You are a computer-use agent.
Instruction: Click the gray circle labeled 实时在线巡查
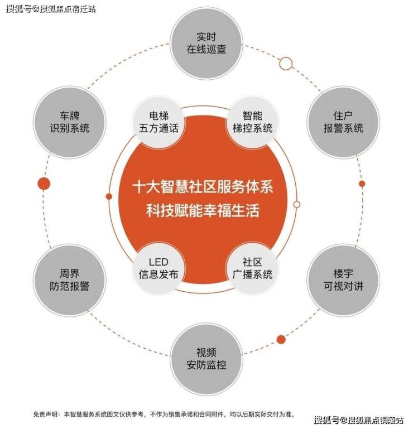click(x=206, y=43)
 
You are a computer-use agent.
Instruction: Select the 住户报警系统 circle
click(x=343, y=122)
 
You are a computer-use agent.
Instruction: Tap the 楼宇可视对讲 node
click(x=343, y=280)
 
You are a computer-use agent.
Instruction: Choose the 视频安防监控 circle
click(x=206, y=359)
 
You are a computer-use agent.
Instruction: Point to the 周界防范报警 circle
click(x=70, y=280)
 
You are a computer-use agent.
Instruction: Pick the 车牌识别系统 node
click(x=70, y=122)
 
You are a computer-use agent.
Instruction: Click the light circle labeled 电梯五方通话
click(x=159, y=122)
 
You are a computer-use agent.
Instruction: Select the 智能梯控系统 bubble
click(x=252, y=122)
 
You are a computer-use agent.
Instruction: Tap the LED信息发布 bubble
click(x=159, y=268)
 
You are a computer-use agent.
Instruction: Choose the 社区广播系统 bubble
click(x=252, y=268)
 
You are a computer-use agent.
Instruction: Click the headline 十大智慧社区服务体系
click(x=203, y=187)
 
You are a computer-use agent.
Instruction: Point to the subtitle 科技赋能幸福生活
click(x=203, y=210)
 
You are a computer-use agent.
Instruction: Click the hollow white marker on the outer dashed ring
click(x=286, y=64)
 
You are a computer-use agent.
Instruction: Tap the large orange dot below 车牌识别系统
click(x=44, y=184)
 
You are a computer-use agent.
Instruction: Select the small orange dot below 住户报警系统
click(x=362, y=184)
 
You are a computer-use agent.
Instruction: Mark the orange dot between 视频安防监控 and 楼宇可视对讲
click(x=281, y=340)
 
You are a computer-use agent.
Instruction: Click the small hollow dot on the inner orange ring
click(x=297, y=204)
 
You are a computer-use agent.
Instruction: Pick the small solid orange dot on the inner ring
click(x=109, y=196)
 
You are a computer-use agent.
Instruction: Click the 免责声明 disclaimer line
click(x=165, y=414)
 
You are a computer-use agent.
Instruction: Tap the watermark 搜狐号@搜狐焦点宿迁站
click(x=51, y=9)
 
